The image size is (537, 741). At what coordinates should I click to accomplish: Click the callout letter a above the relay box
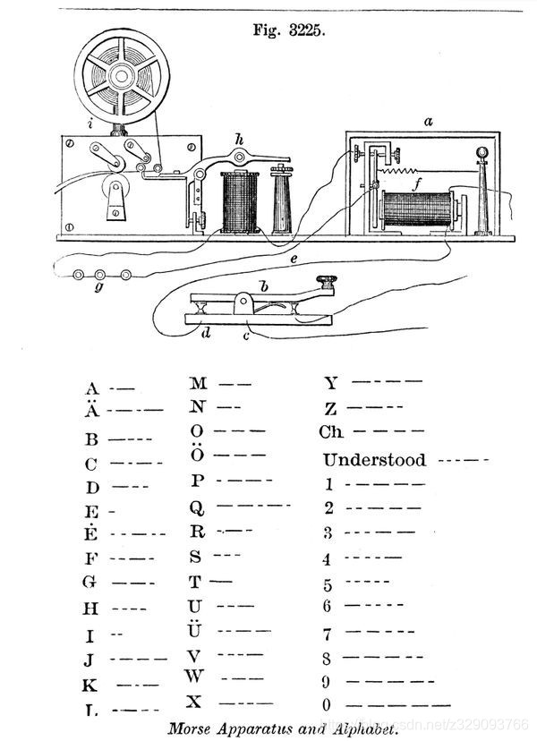point(428,120)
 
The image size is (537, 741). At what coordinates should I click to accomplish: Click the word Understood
point(374,461)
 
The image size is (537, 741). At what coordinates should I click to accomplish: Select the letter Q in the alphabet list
point(197,507)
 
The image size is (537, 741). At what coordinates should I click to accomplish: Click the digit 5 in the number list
point(328,585)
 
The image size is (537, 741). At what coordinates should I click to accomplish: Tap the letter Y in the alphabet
point(332,385)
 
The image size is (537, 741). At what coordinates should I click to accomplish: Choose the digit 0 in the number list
point(328,705)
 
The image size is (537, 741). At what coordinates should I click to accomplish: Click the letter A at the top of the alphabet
point(91,389)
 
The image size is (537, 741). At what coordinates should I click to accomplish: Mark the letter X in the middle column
point(194,700)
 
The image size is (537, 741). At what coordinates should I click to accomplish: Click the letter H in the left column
point(91,609)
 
